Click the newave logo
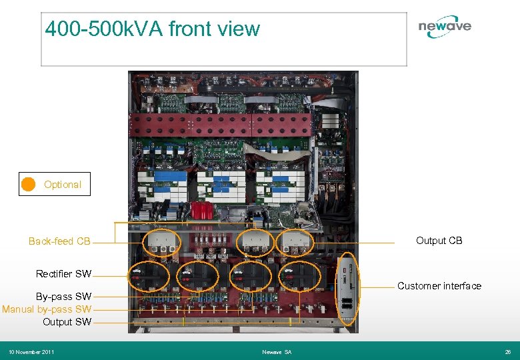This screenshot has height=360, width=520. coord(445,27)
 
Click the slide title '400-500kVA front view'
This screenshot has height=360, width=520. coord(152,29)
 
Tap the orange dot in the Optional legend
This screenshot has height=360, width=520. coord(28,185)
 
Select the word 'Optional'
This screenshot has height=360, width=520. coord(63,185)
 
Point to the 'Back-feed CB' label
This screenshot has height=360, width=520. coord(59,241)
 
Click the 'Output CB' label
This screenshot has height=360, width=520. coord(439,241)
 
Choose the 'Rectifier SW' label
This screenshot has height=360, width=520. coord(63,273)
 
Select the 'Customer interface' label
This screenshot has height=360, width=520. coord(439,286)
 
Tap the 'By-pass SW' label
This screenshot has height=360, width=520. coord(63,297)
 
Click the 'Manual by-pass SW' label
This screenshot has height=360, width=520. coord(47,309)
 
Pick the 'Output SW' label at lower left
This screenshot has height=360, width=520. coord(67,322)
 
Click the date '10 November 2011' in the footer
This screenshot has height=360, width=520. coord(31,351)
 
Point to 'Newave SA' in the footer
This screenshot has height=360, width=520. coord(277,351)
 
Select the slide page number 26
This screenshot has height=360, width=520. coord(508,351)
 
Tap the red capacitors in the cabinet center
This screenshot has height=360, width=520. coord(201,211)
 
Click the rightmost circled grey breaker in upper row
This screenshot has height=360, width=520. coord(296,243)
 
